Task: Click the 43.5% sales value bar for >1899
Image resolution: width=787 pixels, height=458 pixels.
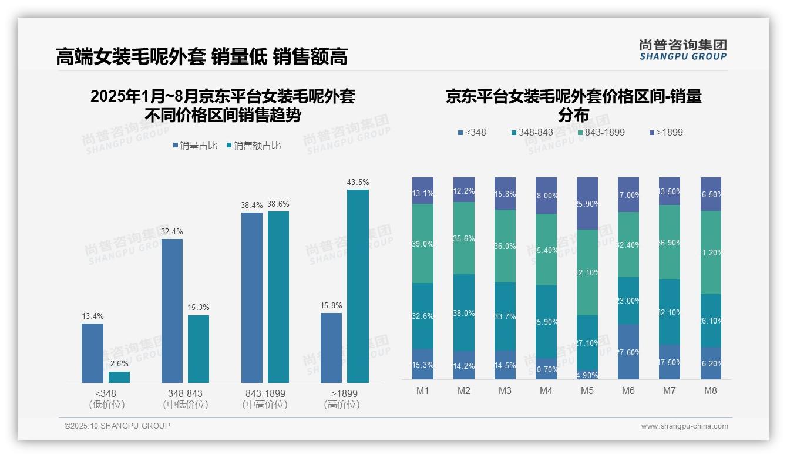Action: [358, 286]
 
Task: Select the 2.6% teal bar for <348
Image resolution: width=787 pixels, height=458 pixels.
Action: [119, 377]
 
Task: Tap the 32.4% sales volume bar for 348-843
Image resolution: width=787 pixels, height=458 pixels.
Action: [172, 311]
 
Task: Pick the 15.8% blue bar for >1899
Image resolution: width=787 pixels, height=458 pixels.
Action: [331, 348]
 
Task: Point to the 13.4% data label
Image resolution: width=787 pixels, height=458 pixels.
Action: [92, 316]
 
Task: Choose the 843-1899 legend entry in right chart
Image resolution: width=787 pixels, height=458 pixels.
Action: [600, 133]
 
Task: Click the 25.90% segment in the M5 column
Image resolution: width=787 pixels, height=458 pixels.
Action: [587, 203]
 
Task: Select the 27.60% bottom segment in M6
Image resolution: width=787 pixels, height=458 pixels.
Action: [628, 352]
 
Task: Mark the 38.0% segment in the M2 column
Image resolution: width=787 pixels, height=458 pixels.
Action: [464, 313]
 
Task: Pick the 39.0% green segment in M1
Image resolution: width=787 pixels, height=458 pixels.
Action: [423, 244]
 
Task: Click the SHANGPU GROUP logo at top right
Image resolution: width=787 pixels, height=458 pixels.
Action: [682, 50]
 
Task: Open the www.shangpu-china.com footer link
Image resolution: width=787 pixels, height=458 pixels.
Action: [684, 426]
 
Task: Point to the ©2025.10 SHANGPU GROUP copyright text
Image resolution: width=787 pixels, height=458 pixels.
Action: [117, 426]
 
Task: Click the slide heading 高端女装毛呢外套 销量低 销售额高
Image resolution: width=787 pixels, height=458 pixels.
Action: [201, 56]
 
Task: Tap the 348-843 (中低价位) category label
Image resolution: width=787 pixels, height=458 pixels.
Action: [186, 399]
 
